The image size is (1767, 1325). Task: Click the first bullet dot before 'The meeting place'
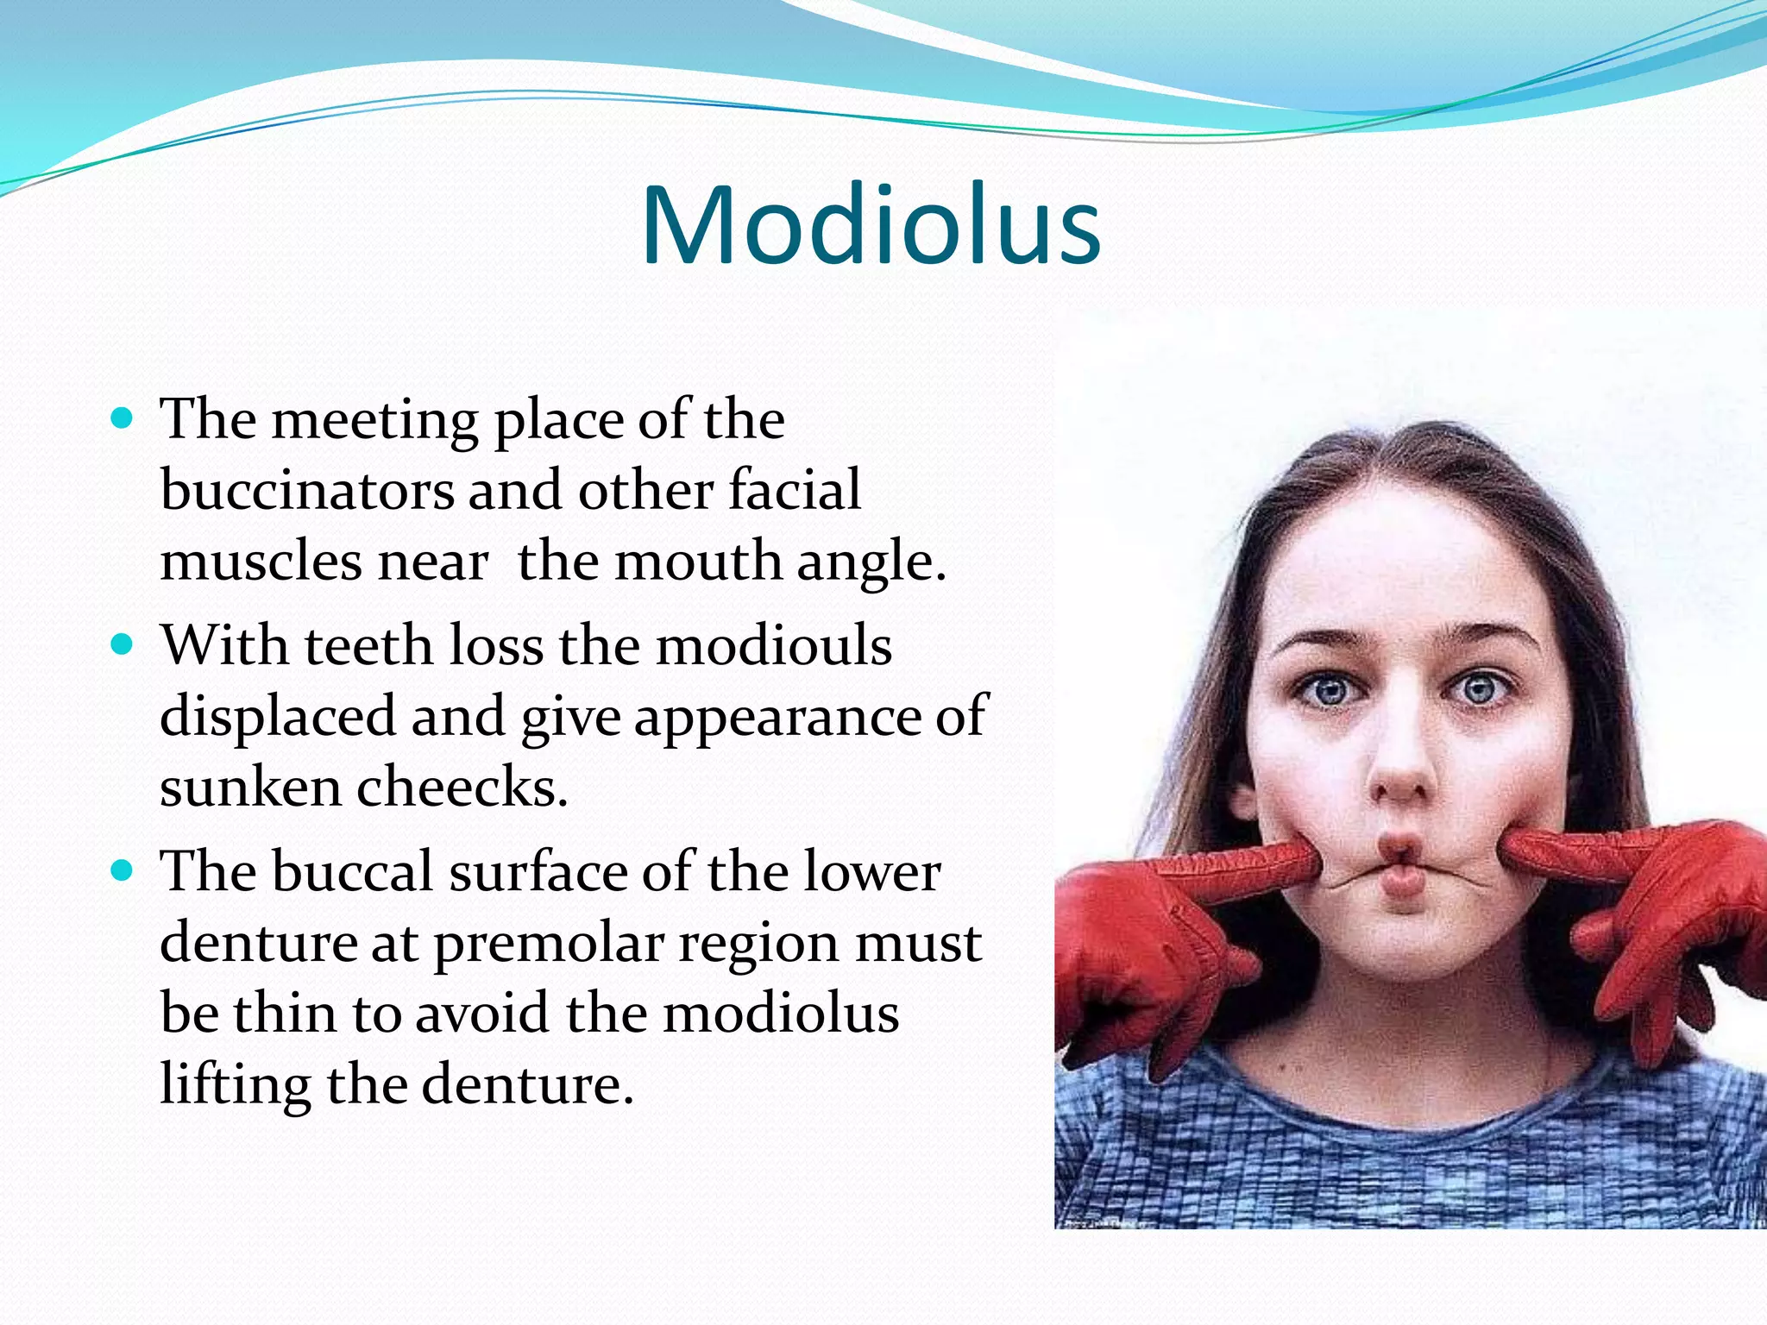[x=123, y=419]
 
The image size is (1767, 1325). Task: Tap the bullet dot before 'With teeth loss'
[x=123, y=644]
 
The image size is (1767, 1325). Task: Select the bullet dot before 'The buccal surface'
[x=123, y=870]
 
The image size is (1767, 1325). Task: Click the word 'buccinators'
[x=306, y=490]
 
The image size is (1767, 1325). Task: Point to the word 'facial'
[x=794, y=490]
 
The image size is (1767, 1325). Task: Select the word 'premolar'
[x=548, y=943]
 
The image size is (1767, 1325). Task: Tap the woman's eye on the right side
[x=1478, y=690]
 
